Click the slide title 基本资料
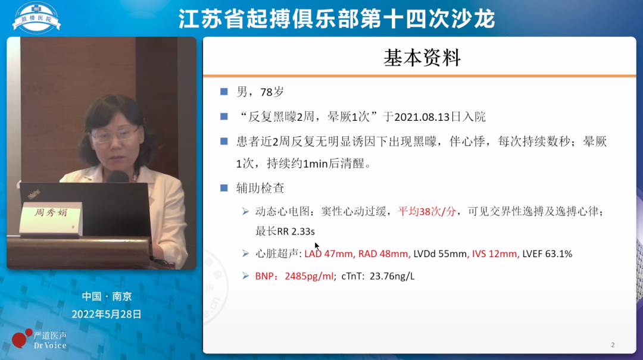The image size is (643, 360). (x=422, y=58)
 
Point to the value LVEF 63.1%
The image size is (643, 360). (x=547, y=254)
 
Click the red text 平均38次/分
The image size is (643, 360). (x=427, y=211)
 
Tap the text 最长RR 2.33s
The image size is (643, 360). (x=285, y=231)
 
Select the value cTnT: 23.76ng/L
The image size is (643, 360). (x=378, y=276)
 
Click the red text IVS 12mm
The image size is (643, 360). (x=495, y=254)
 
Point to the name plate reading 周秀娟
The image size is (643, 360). (x=50, y=212)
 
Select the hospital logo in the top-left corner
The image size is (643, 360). (x=36, y=17)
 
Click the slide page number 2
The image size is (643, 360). (x=613, y=345)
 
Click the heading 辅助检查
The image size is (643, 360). (x=260, y=188)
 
